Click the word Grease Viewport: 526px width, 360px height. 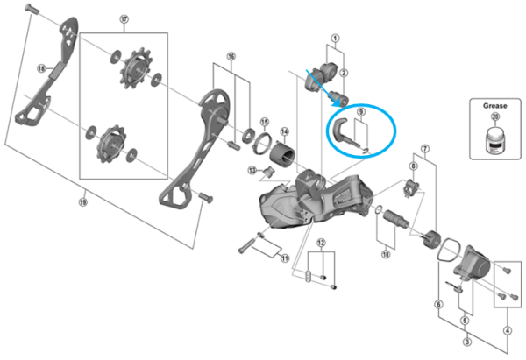494,105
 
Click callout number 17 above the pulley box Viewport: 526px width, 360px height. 124,18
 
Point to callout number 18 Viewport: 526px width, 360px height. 40,67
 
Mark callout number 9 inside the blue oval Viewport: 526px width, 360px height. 359,113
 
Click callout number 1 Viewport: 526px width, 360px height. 334,39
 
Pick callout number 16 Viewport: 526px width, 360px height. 232,56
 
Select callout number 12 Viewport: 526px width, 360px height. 322,242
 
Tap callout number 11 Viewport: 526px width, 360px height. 284,258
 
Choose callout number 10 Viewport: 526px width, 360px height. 385,255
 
